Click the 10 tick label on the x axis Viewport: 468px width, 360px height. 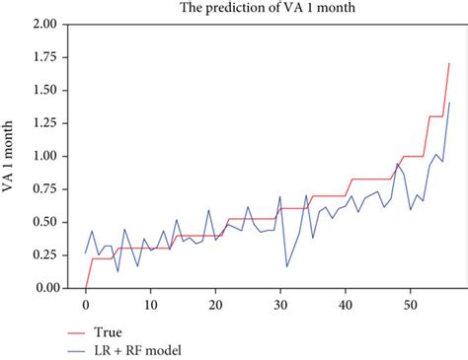tap(150, 304)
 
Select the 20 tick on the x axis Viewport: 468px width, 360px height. tap(215, 304)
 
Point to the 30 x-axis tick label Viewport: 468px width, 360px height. tap(280, 304)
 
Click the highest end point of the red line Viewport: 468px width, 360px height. tap(449, 63)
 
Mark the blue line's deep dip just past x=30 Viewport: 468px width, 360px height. tap(286, 266)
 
